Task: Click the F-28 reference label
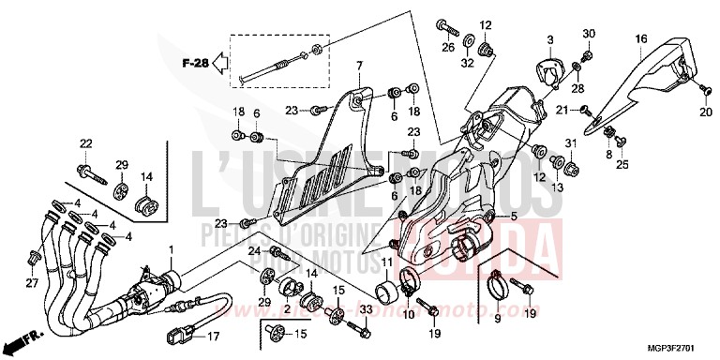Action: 194,64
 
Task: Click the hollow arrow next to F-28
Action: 219,64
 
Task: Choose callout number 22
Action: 86,143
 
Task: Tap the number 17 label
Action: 212,337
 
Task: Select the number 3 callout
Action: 550,39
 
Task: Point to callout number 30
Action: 589,36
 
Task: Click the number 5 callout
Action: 515,216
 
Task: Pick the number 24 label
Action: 253,251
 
